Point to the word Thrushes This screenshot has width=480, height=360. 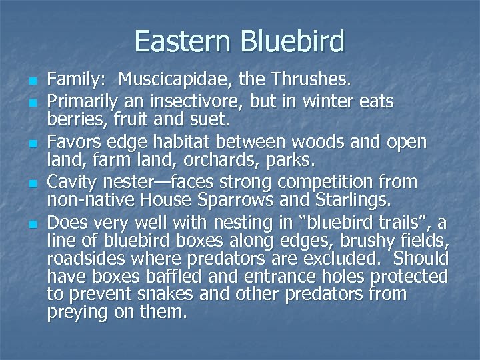[313, 82]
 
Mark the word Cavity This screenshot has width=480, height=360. [73, 182]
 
